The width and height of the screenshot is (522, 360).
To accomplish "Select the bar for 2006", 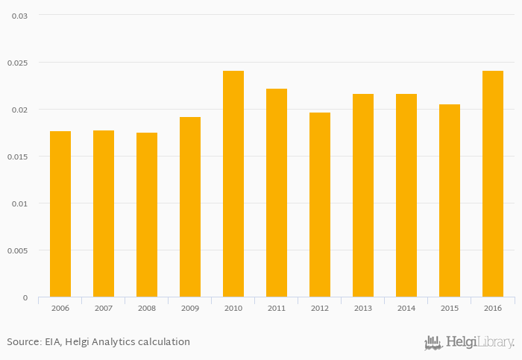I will coord(60,215).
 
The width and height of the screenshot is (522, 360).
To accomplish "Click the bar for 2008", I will coord(147,215).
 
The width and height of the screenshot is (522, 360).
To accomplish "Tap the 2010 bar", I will coord(233,184).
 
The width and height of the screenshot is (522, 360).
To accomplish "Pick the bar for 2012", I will coord(320,205).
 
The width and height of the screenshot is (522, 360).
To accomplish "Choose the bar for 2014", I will coord(406,195).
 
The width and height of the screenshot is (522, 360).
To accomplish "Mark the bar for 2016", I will coord(493,184).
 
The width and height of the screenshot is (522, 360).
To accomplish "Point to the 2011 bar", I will coord(277,193).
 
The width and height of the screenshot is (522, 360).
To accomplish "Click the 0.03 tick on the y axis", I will coord(19,16).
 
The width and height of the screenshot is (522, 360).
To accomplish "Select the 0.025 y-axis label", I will coord(17,63).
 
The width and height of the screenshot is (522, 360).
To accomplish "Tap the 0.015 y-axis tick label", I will coord(17,157).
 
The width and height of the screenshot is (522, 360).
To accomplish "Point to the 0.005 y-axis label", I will coord(17,250).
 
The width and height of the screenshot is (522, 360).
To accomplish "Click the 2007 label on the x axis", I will coord(104,308).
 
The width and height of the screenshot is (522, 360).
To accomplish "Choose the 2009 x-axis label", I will coord(190,308).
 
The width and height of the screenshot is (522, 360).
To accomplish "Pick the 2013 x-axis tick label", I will coord(363,308).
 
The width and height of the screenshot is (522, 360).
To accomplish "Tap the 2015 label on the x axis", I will coord(450,308).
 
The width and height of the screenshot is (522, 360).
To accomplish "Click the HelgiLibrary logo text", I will coord(480,343).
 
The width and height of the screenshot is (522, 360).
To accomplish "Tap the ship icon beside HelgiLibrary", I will coord(433,343).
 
